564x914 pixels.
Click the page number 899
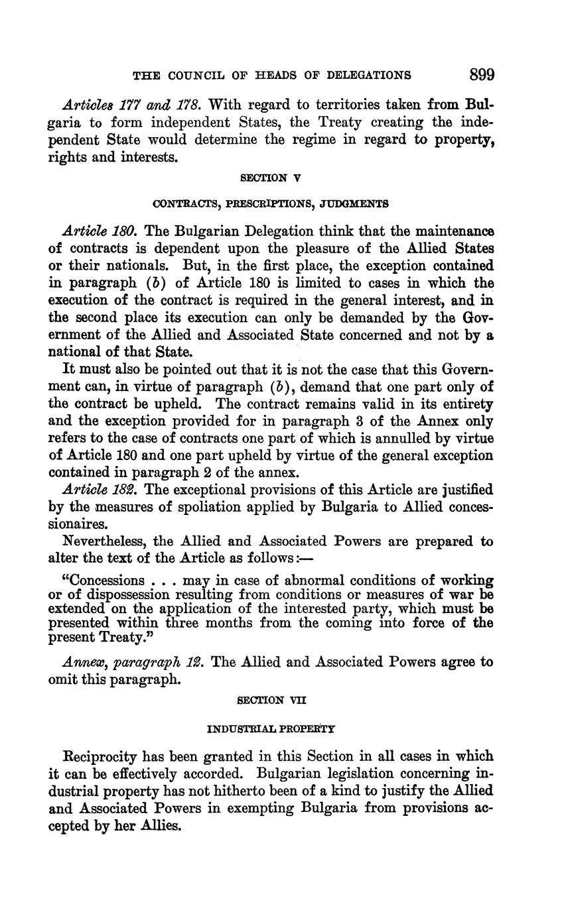(x=482, y=74)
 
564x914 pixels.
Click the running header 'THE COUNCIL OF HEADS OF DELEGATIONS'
(x=272, y=76)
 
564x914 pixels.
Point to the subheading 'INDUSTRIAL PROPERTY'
(x=271, y=729)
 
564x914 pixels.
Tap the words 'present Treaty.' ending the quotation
(x=94, y=638)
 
